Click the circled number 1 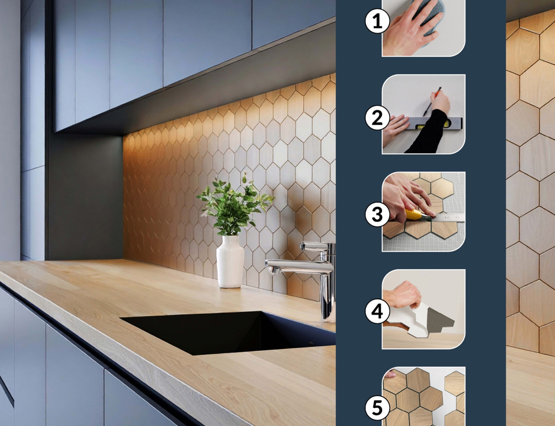377,21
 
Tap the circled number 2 377,118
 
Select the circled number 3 377,215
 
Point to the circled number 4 377,311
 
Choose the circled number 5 377,408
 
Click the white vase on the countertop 230,261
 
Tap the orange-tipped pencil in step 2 431,102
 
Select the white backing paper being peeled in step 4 419,319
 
